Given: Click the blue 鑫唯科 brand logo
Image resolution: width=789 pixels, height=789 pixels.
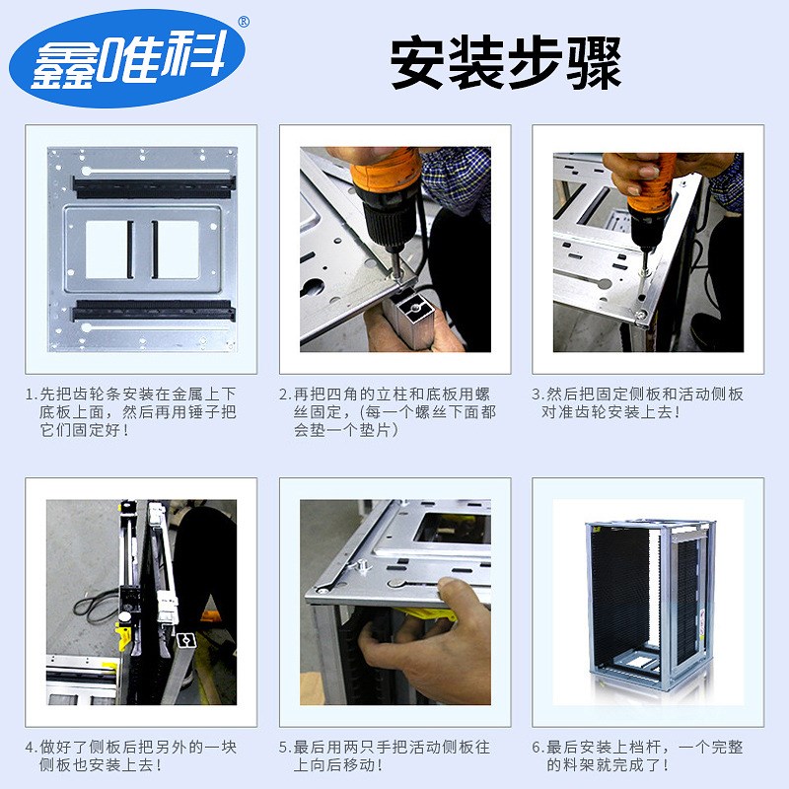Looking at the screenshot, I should pos(128,59).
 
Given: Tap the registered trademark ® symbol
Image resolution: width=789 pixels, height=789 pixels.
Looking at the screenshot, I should pos(243,21).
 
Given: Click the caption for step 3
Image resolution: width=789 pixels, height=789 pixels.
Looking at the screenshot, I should pos(639,402).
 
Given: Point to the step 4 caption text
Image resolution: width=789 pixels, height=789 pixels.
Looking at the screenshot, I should pos(132,755).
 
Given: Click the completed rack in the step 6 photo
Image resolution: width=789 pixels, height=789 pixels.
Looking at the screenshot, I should pos(648,602).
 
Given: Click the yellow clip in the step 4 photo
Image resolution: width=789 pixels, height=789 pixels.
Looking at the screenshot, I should pos(125,635).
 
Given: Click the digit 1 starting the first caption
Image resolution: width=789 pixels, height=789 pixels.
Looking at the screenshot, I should pos(30,394).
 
